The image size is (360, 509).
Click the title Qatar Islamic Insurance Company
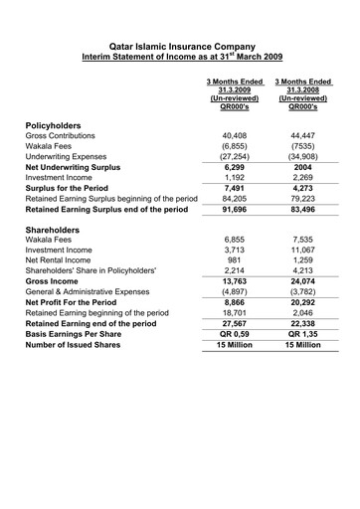click(x=180, y=46)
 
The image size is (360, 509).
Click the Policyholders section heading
click(x=58, y=125)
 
